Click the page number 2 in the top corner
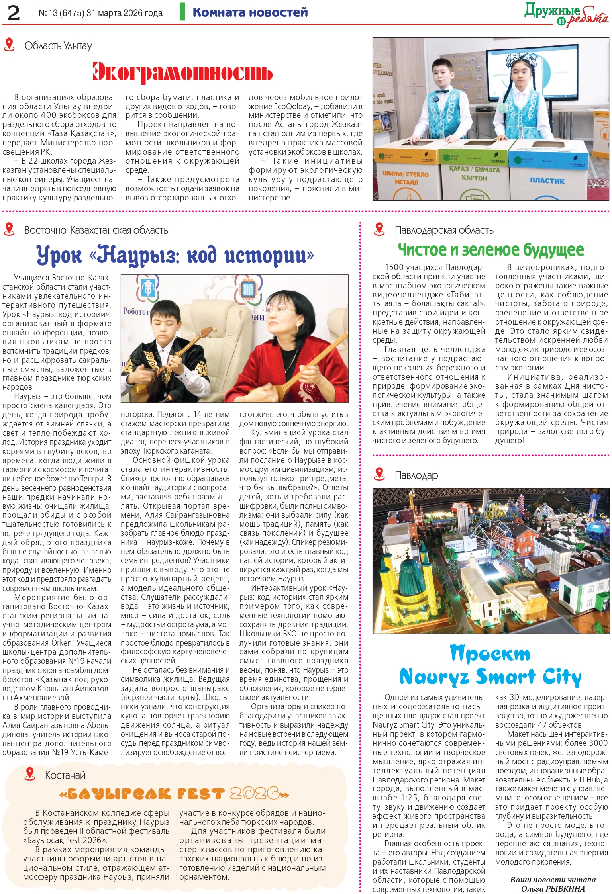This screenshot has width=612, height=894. pos(14,13)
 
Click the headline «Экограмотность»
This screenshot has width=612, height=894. pos(182,72)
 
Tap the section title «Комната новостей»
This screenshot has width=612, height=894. pos(250,12)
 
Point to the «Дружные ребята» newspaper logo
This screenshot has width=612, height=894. pos(566,15)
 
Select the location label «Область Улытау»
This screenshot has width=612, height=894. pos(58,46)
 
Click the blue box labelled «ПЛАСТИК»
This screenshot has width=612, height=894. pos(547,175)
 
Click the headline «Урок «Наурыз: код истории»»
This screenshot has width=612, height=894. pos(175,254)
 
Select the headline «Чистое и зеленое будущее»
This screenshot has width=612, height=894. pos(490,250)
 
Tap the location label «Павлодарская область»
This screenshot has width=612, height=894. pos(444,230)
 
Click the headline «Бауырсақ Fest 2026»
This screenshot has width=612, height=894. pos(174,794)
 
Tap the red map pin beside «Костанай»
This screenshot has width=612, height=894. pos(29,773)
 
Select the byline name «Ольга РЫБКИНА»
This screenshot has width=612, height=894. pos(553,888)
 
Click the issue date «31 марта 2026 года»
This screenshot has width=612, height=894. pos(124,13)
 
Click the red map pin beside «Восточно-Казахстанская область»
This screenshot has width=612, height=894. pos(9,229)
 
